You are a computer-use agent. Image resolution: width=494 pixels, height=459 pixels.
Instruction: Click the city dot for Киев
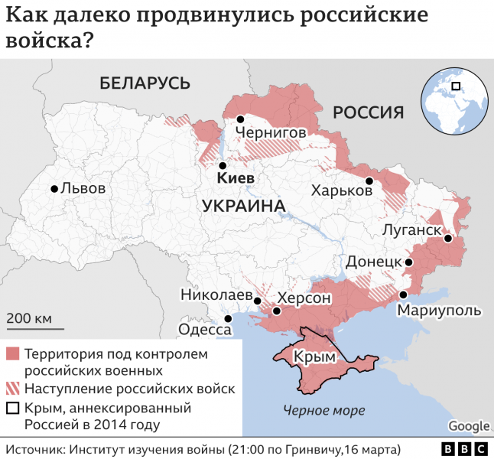coord(223,165)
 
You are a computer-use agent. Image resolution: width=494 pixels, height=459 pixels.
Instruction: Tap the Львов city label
coord(83,189)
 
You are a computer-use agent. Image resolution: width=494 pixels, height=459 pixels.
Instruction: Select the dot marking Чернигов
coord(240,119)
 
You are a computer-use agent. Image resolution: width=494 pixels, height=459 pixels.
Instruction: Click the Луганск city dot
coord(448,239)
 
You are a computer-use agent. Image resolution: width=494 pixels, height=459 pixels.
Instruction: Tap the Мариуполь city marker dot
coord(403,295)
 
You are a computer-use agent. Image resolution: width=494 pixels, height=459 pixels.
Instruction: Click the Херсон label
coord(304,298)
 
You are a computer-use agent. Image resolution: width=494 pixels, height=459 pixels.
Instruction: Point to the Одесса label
coord(204,330)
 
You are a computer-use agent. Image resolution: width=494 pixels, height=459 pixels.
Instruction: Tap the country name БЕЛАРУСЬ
coord(145,83)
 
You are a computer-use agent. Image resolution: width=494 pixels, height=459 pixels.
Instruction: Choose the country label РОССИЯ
coord(368,113)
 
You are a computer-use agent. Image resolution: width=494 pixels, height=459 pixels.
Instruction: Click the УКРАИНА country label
coord(244,206)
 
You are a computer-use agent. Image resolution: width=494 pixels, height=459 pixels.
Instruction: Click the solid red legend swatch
coord(13,355)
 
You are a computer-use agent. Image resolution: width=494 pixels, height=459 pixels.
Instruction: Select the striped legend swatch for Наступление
coord(13,389)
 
